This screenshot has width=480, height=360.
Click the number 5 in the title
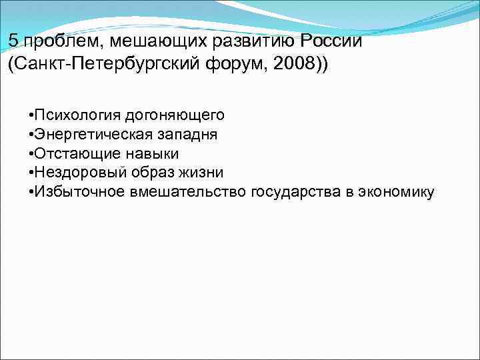pyautogui.click(x=13, y=40)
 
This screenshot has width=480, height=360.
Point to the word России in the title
pyautogui.click(x=331, y=40)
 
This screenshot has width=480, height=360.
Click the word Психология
pyautogui.click(x=73, y=115)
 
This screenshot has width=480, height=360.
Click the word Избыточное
pyautogui.click(x=75, y=192)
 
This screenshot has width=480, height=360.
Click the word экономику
pyautogui.click(x=397, y=192)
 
